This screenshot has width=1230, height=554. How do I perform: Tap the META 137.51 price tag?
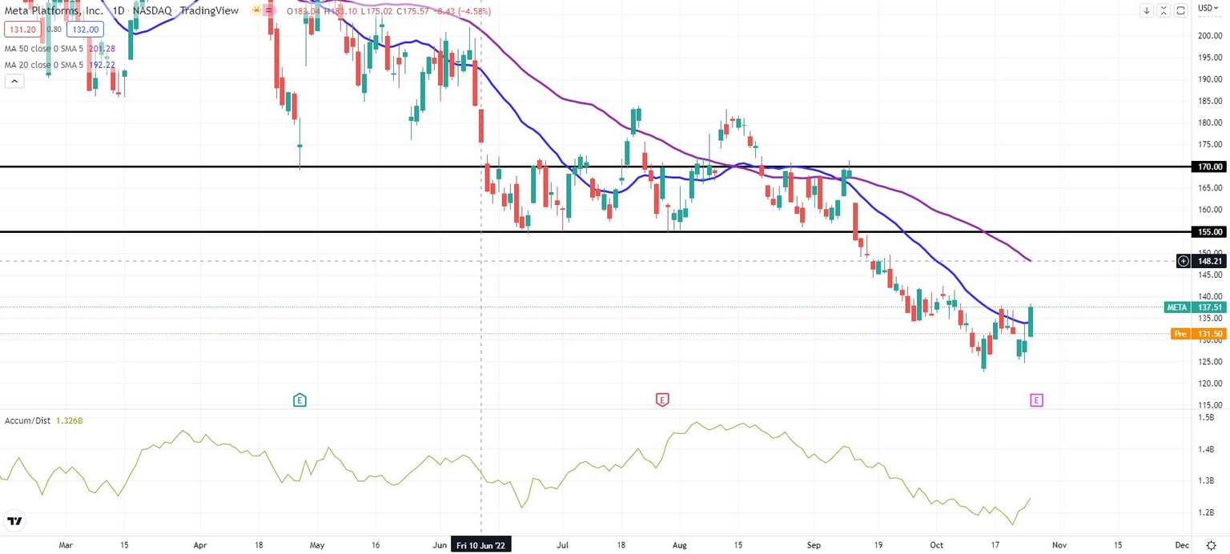tap(1196, 307)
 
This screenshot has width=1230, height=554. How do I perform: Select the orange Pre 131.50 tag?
tap(1196, 334)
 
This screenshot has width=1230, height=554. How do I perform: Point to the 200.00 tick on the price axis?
tap(1209, 36)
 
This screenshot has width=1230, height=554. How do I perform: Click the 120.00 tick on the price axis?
tap(1209, 383)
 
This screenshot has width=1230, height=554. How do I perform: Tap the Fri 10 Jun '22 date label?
tap(481, 545)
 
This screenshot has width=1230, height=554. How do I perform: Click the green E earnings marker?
tap(299, 399)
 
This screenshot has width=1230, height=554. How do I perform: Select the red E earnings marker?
tap(661, 399)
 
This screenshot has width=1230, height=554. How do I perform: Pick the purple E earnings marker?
tap(1036, 399)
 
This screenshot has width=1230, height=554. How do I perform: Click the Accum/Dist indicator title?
tap(29, 420)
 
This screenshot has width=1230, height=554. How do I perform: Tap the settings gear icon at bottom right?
tap(1210, 544)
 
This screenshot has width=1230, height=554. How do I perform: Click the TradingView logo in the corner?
tap(14, 522)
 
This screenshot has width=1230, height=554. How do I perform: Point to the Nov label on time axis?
tap(1059, 544)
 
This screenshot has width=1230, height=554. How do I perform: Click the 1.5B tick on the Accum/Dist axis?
tap(1206, 418)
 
